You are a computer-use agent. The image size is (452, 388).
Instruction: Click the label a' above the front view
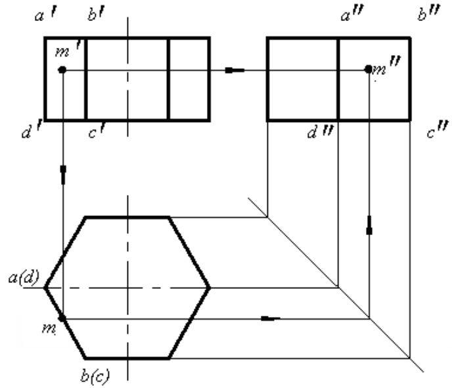click(x=45, y=15)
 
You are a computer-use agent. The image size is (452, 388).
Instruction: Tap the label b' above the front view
click(x=97, y=14)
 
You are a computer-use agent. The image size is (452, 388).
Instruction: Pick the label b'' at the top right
click(x=429, y=13)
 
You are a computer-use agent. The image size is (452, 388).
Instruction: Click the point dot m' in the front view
click(x=62, y=70)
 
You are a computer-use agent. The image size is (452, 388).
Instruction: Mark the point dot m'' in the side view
click(x=369, y=69)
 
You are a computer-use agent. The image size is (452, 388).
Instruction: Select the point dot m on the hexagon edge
click(x=62, y=318)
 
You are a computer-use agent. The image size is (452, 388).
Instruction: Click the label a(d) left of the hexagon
click(x=24, y=278)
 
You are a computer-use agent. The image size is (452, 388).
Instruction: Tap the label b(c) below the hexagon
click(x=95, y=376)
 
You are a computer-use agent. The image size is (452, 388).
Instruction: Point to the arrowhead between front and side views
click(x=235, y=70)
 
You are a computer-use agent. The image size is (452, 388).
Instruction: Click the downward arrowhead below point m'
click(x=64, y=175)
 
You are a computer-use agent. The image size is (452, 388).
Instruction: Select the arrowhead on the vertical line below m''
click(x=369, y=225)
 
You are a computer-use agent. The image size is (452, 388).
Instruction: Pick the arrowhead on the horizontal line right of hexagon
click(x=271, y=318)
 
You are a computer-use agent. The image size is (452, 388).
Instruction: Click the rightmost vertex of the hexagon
click(x=210, y=287)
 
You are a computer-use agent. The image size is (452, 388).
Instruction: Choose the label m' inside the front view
click(x=68, y=49)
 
